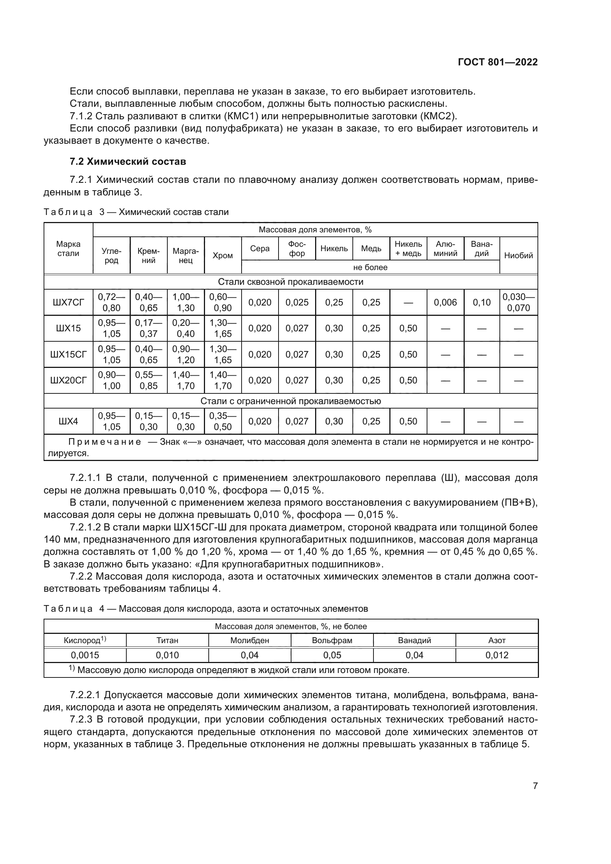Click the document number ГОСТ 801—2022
coord(497,62)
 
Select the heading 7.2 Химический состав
coord(127,161)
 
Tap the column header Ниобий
coord(518,256)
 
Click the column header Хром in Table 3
coord(222,256)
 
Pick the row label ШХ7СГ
coord(68,302)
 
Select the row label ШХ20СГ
coord(68,380)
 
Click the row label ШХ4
coord(68,421)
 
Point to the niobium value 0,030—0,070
coord(518,302)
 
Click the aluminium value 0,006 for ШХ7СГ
coord(445,302)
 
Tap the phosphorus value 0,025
coord(297,302)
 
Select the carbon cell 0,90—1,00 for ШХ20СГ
coord(111,380)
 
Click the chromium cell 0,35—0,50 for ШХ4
coord(222,421)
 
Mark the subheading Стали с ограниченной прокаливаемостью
coord(290,401)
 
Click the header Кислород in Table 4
coord(85,640)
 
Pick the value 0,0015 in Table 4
coord(85,655)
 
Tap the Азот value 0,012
coord(496,655)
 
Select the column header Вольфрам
coord(332,640)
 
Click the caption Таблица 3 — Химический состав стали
coord(136,212)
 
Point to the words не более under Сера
coord(370,267)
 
